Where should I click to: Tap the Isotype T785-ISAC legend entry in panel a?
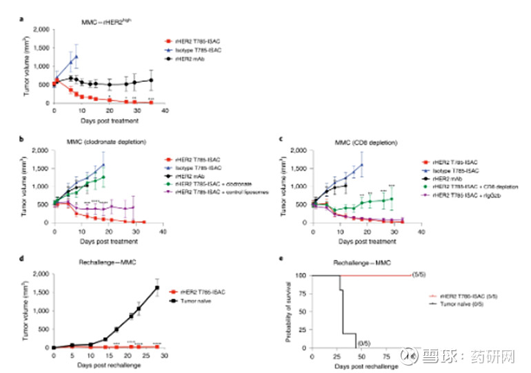(x=212, y=52)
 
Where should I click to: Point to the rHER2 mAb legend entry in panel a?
(x=203, y=61)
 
